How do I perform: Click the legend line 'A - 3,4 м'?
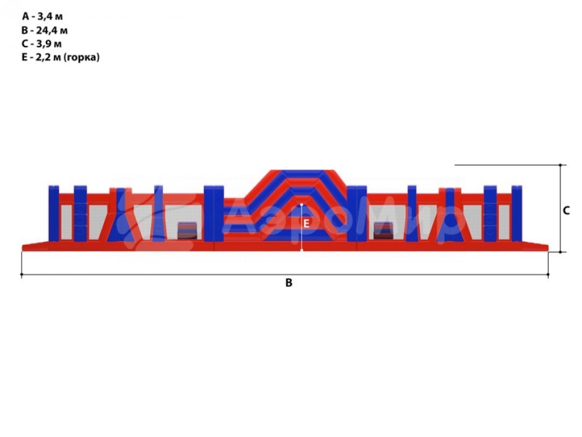click(42, 16)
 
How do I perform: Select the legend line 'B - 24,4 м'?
click(45, 30)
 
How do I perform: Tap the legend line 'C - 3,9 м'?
click(41, 44)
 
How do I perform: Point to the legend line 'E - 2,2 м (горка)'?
click(61, 57)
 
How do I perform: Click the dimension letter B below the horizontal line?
click(289, 283)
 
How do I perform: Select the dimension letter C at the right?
click(566, 211)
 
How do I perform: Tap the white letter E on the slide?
click(306, 224)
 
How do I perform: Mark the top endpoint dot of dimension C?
click(560, 165)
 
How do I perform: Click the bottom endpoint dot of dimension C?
click(560, 252)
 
